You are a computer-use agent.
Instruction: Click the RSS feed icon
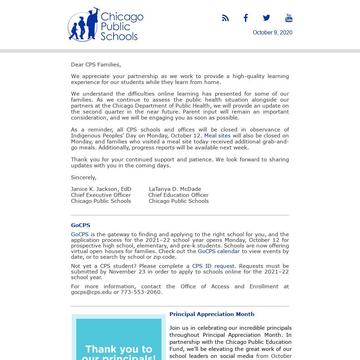pos(225,18)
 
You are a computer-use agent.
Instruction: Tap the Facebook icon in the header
pos(246,18)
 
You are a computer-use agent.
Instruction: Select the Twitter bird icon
pos(266,18)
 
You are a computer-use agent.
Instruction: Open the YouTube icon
pos(289,18)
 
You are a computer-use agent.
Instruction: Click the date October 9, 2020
pos(272,33)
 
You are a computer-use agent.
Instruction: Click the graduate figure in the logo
pos(92,24)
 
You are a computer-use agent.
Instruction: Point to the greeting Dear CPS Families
pos(96,65)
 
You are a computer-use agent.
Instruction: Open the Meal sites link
pos(217,136)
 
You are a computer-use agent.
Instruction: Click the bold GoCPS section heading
pos(81,225)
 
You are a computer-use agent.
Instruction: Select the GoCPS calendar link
pos(219,251)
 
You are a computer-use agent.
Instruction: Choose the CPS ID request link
pos(213,266)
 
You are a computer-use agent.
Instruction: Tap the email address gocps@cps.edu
pos(91,292)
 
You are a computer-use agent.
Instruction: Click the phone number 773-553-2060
pos(141,292)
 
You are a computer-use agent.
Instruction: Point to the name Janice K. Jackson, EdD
pos(101,189)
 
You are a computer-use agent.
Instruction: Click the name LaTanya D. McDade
pos(175,189)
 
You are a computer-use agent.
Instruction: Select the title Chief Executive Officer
pos(101,195)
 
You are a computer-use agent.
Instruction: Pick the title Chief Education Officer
pos(178,195)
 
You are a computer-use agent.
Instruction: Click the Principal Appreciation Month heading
pos(212,314)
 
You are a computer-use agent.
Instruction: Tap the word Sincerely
pos(84,178)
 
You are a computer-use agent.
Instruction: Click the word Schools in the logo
pos(119,36)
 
